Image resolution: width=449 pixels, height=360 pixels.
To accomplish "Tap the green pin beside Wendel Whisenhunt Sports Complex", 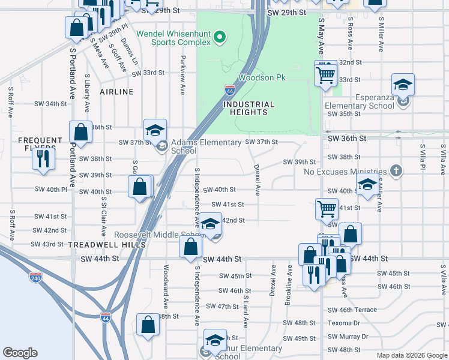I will (220, 37).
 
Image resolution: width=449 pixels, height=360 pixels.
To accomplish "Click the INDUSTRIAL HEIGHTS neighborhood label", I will (249, 108).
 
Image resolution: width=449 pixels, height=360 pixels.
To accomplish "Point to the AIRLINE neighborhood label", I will (116, 92).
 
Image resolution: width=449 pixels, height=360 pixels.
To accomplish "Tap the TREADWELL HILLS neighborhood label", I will (107, 245).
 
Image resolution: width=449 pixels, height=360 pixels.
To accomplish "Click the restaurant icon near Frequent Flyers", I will (43, 158).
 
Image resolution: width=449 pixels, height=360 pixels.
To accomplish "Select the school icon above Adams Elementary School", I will (155, 130).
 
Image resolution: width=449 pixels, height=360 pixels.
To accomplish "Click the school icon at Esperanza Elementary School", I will (403, 85).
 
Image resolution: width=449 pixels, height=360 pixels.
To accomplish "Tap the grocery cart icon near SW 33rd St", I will (325, 75).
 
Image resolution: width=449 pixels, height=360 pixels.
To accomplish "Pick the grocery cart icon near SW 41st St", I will (327, 209).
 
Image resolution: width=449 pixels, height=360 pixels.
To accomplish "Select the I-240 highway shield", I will (36, 277).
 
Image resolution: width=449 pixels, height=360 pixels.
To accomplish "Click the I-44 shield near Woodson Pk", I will (230, 90).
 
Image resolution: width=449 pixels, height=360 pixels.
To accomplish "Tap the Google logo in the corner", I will (20, 353).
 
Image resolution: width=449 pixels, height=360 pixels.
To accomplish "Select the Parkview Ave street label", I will (182, 76).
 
